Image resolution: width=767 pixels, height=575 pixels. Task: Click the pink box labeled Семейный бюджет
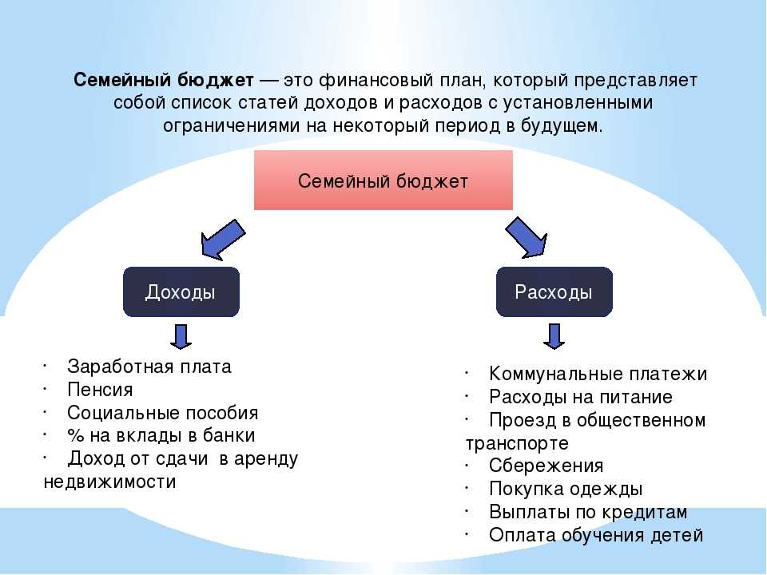click(x=383, y=180)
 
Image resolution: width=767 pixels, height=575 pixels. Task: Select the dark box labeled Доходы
click(x=181, y=292)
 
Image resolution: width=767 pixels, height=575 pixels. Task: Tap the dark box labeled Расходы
click(x=554, y=292)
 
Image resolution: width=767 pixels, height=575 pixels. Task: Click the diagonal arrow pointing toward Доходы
click(x=223, y=240)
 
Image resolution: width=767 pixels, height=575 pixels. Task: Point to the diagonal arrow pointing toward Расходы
click(x=527, y=238)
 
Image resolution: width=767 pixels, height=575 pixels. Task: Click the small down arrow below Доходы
click(x=181, y=336)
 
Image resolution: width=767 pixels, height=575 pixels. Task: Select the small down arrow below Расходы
click(x=554, y=336)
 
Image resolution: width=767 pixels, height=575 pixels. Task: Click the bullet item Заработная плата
click(x=149, y=367)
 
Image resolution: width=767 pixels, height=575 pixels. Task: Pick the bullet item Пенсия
click(x=101, y=390)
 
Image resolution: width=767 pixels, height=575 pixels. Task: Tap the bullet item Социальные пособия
click(x=162, y=413)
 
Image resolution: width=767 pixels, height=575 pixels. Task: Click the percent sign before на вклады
click(x=76, y=436)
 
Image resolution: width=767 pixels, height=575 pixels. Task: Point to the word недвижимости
click(x=110, y=482)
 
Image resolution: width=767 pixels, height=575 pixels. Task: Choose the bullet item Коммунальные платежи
click(x=598, y=374)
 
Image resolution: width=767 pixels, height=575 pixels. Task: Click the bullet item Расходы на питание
click(x=581, y=397)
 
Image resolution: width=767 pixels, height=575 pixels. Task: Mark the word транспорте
click(x=517, y=443)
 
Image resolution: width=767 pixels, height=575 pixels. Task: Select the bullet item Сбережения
click(x=546, y=466)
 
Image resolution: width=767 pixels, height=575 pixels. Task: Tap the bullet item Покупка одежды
click(x=566, y=489)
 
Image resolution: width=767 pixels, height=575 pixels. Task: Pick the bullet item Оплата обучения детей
click(x=596, y=535)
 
